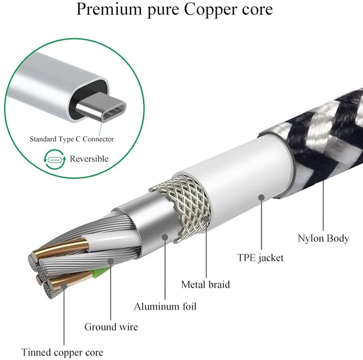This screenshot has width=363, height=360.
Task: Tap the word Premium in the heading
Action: pos(109,9)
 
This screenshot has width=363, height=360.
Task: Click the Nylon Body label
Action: pos(323,238)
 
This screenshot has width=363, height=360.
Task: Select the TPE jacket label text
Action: pos(260,258)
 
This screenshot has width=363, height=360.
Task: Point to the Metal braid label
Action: pos(205,284)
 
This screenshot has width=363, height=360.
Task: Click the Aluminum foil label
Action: pos(165,307)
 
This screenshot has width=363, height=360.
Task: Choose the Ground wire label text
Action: pos(111,327)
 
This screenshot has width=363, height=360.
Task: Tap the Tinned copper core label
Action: pos(62,353)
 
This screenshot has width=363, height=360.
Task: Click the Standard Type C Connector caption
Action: pos(72,139)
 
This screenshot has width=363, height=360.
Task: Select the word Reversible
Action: pos(89,159)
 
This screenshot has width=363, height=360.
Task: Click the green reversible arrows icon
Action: pos(54,160)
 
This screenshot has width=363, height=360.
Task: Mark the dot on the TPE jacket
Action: pos(261,198)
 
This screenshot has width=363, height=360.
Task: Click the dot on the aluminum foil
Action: pos(165,237)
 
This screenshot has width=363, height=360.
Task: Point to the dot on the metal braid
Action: pos(206,219)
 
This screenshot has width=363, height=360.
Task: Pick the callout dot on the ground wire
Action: pos(111,261)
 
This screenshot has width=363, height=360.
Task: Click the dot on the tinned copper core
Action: pos(64,286)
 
